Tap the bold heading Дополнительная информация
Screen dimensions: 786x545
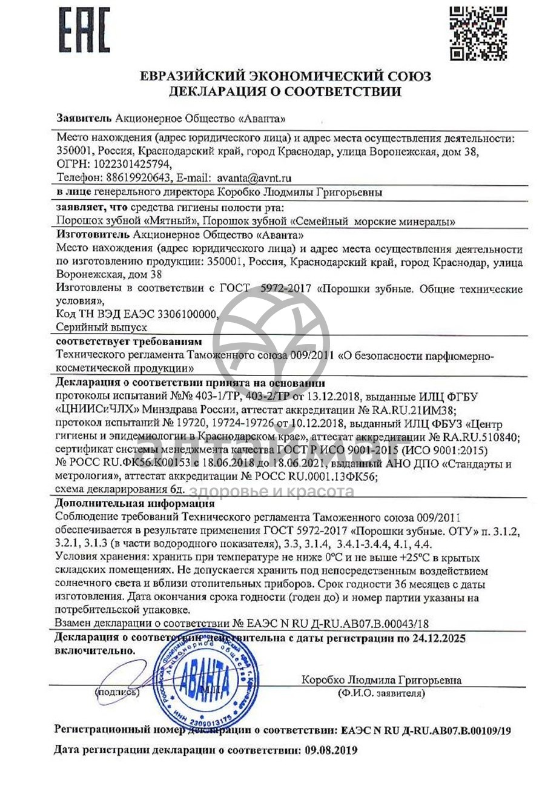click(134, 504)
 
